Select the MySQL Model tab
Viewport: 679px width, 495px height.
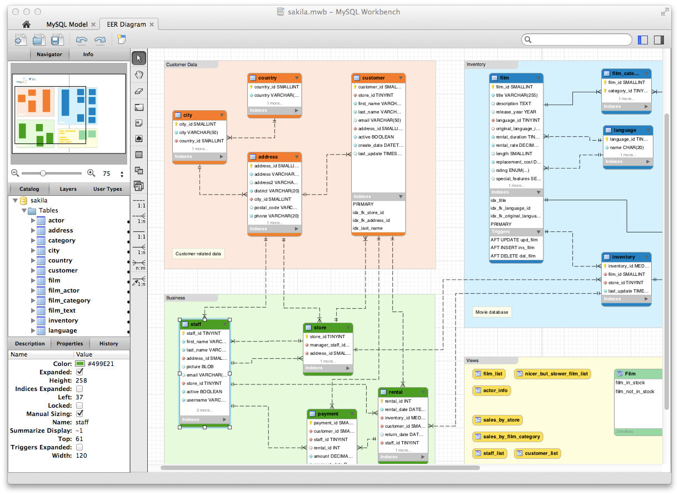(x=67, y=24)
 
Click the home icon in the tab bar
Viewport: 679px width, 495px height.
(x=26, y=24)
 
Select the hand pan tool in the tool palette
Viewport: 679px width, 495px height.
(x=139, y=75)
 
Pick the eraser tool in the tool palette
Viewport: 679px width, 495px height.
(x=139, y=91)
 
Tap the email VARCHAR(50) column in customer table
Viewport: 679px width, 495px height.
(x=379, y=120)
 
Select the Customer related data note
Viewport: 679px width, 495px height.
(x=198, y=254)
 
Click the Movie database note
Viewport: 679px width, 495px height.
(x=492, y=312)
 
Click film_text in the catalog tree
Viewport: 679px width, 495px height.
(x=62, y=310)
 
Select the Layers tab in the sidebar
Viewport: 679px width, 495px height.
(x=68, y=189)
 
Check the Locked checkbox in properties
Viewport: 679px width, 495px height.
(x=79, y=405)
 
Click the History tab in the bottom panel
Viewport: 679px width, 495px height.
(x=108, y=343)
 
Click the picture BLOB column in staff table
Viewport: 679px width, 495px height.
(x=201, y=367)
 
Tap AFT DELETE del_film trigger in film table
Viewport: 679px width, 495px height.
(x=513, y=256)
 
